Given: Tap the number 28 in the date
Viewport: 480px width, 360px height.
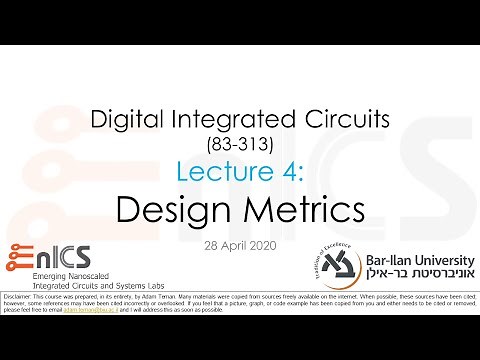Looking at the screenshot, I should pos(210,245).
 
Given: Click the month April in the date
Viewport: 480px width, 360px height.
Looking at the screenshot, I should pos(237,245).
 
